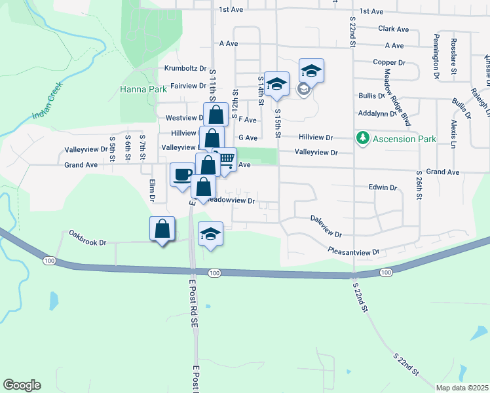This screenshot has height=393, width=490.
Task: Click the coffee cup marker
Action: coord(181,174)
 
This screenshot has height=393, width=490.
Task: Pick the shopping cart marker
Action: coord(225,159)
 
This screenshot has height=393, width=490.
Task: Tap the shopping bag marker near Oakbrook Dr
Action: coord(162,229)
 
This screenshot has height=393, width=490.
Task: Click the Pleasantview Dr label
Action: coord(353,251)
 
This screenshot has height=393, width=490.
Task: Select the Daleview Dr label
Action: coord(326,227)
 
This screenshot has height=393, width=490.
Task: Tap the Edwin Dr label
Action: coord(383,187)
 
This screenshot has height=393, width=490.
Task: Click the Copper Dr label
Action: coord(389,62)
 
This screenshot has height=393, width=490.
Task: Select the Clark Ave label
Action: coord(393,29)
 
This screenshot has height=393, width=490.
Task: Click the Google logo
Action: coord(22,385)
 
